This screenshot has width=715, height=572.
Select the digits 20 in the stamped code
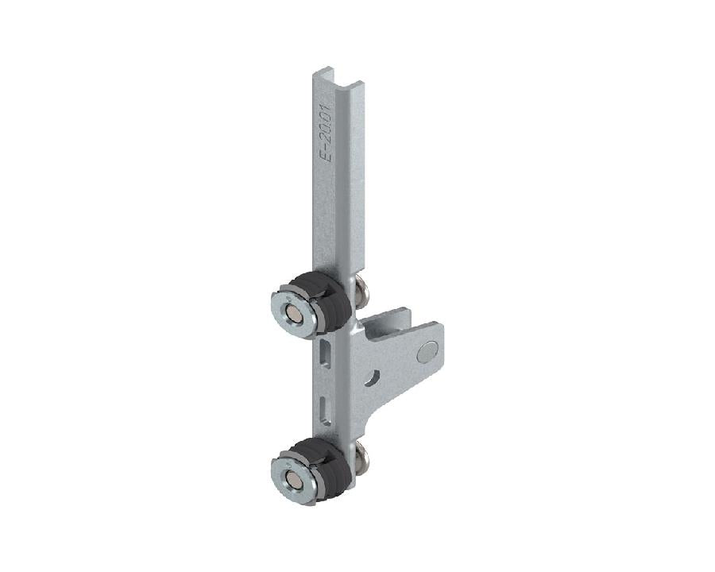click(327, 129)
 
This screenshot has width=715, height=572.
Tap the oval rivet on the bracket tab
click(429, 347)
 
